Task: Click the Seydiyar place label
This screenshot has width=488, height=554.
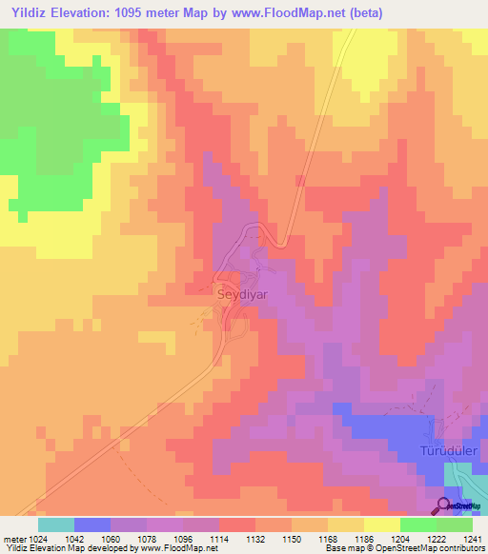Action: [x=243, y=295]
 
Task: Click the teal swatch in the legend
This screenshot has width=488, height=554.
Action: [x=55, y=524]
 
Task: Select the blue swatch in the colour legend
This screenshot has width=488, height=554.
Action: [x=92, y=524]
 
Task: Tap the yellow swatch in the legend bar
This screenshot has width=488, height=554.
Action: [x=382, y=524]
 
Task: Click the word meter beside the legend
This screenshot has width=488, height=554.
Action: [x=12, y=539]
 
